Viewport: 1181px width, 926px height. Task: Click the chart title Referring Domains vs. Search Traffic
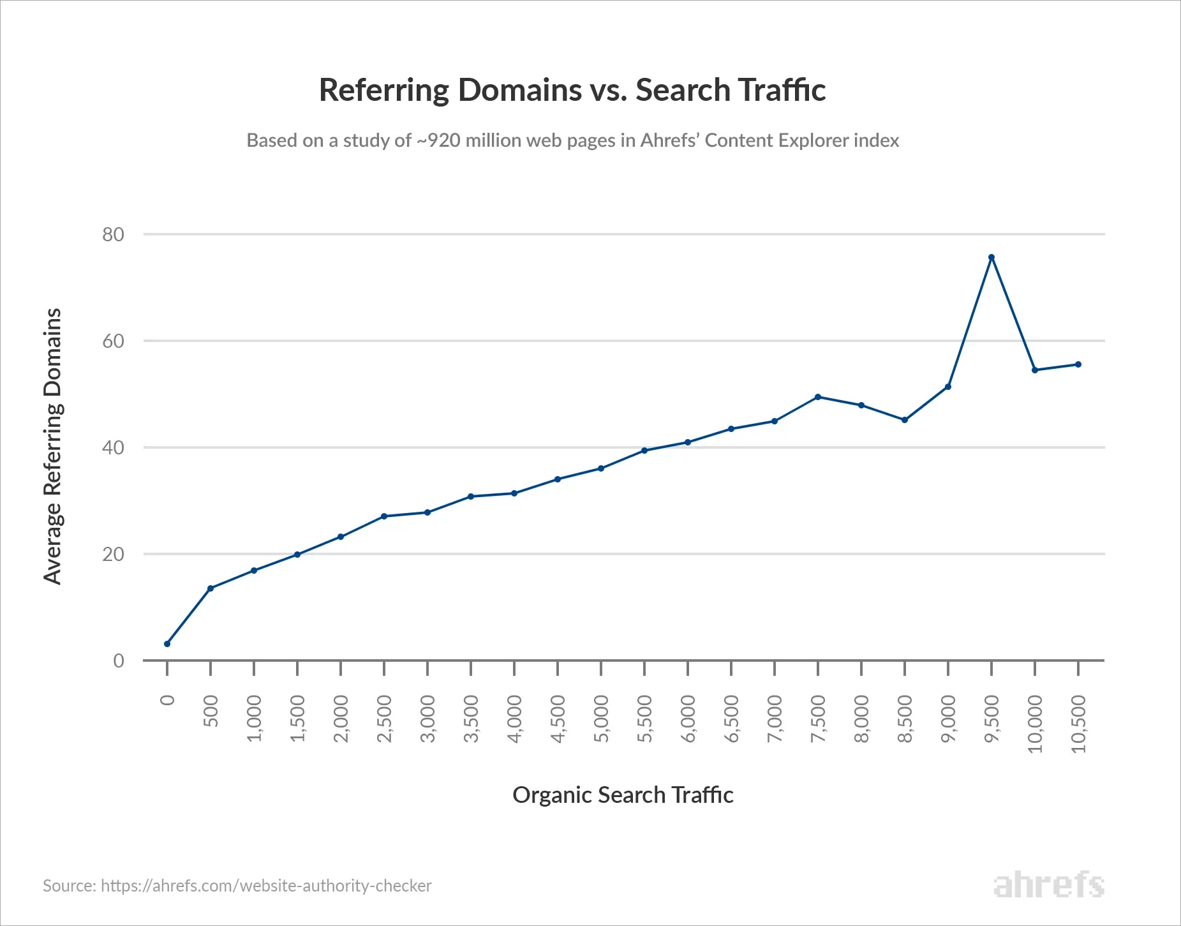(x=572, y=89)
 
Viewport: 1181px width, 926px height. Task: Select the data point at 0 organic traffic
(x=167, y=644)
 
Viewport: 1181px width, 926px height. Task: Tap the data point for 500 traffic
(x=211, y=588)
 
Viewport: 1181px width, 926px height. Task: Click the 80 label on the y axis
(x=113, y=235)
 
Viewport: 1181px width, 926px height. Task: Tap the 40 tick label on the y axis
(x=113, y=448)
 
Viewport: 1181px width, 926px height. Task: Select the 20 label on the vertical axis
(x=113, y=555)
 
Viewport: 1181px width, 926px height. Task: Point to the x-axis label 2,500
(x=384, y=719)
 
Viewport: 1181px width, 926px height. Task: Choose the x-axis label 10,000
(x=1035, y=724)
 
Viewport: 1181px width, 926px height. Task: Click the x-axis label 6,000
(x=688, y=719)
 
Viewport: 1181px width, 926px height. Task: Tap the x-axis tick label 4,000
(x=514, y=719)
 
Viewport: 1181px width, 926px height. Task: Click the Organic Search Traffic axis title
(x=623, y=795)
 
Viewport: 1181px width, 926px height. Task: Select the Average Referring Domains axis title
(x=52, y=446)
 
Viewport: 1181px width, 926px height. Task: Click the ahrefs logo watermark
(x=1048, y=885)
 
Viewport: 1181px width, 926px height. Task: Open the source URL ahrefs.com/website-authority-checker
(x=266, y=886)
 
